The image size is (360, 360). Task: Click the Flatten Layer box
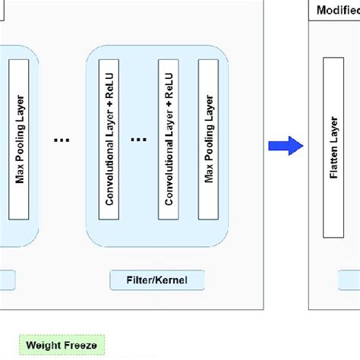pos(333,142)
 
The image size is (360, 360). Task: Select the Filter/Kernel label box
pos(158,280)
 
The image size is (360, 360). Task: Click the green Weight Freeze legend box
pos(62,346)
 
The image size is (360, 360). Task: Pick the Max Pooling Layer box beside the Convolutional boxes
pos(209,141)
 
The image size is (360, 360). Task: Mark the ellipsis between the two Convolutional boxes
pos(138,140)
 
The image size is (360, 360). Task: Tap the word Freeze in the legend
pos(81,346)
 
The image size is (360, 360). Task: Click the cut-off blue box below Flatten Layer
pos(349,280)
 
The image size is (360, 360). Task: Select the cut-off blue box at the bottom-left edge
pos(7,280)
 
